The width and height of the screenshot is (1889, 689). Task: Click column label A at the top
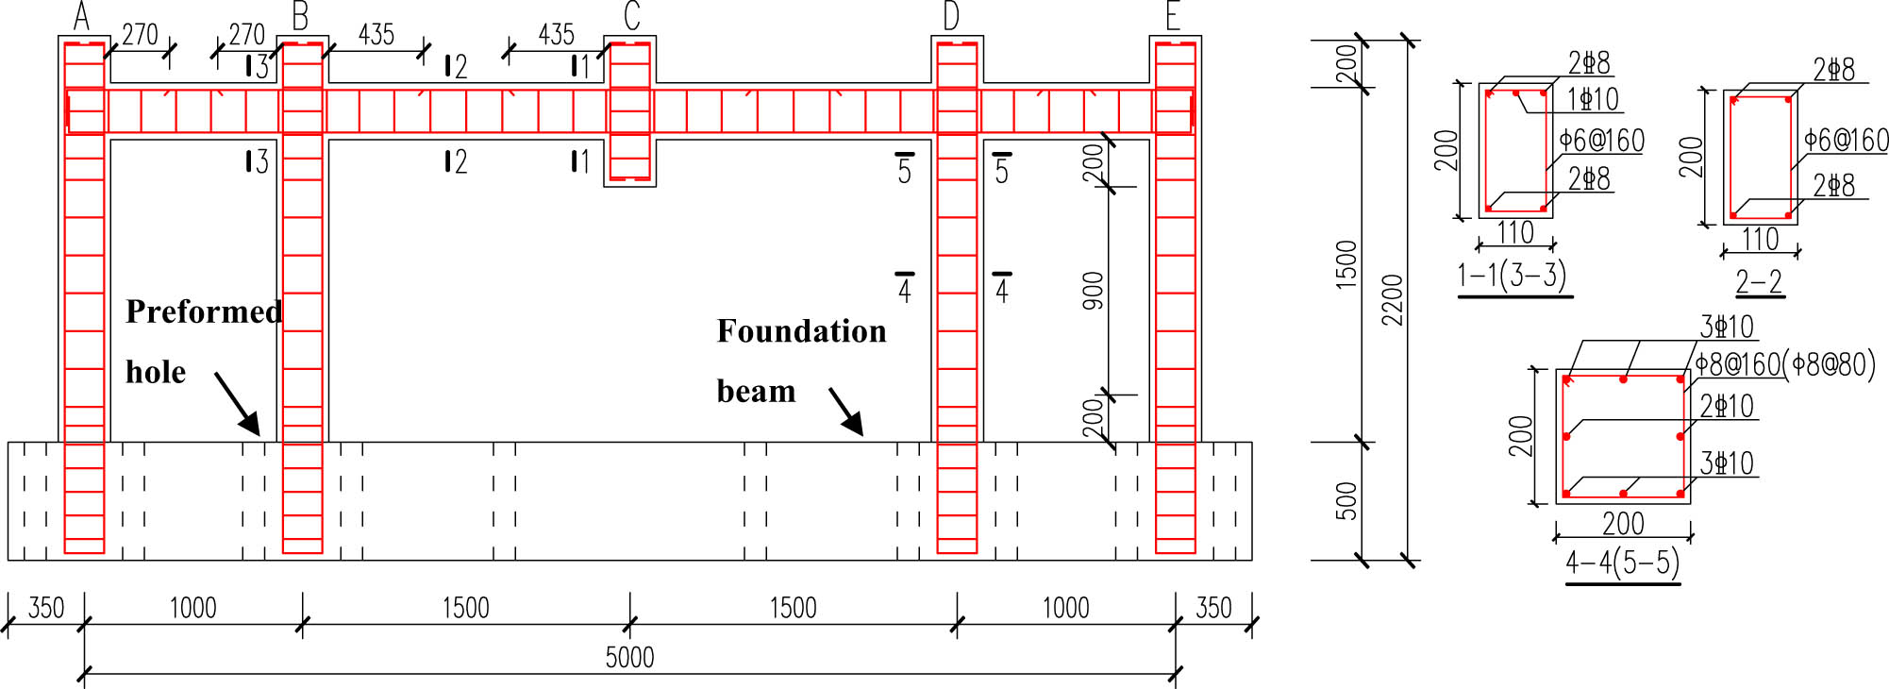(82, 16)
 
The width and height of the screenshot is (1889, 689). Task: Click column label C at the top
(632, 15)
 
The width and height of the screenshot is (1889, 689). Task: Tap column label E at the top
(1173, 16)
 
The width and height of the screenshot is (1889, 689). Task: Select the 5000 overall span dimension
(629, 657)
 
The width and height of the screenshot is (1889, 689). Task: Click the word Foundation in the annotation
(801, 331)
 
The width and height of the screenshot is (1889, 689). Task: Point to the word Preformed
(204, 311)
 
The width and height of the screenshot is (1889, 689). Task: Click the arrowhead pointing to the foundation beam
(854, 425)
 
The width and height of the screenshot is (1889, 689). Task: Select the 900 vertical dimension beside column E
(1093, 291)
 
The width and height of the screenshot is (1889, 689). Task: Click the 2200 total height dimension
(1393, 300)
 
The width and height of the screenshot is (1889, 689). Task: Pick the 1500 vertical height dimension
(1346, 264)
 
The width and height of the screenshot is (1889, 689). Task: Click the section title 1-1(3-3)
(1512, 275)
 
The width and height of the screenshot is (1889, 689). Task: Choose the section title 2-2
(1759, 281)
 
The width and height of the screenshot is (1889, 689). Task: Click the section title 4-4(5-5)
(1623, 563)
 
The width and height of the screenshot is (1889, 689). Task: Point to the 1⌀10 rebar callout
(1593, 98)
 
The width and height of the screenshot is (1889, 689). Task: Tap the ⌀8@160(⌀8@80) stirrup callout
(1785, 363)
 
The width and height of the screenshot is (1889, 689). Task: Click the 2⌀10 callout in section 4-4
(1727, 406)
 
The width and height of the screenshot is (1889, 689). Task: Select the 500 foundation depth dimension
(1346, 501)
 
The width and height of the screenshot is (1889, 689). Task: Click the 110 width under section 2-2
(1761, 239)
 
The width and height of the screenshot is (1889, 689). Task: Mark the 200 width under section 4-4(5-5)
(1623, 523)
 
